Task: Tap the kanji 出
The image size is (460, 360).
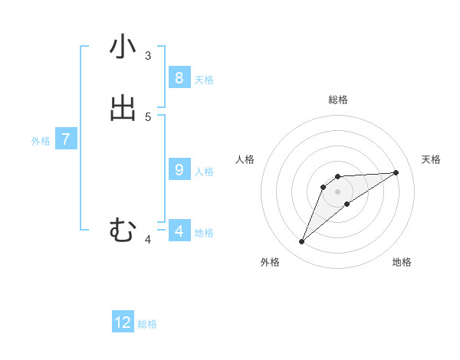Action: pyautogui.click(x=123, y=109)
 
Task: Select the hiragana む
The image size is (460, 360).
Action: pyautogui.click(x=123, y=230)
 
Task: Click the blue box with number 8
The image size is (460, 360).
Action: pyautogui.click(x=179, y=77)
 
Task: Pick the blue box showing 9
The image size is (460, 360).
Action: pyautogui.click(x=179, y=169)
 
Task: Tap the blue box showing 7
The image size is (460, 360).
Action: pyautogui.click(x=66, y=139)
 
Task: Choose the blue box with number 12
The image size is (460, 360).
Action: pyautogui.click(x=123, y=322)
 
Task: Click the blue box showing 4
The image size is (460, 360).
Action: pyautogui.click(x=179, y=231)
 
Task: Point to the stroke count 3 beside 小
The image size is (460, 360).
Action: pyautogui.click(x=148, y=55)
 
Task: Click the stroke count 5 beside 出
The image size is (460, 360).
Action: pyautogui.click(x=148, y=116)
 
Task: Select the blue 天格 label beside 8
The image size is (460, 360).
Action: pyautogui.click(x=204, y=80)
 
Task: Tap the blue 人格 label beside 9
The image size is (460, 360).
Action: pyautogui.click(x=204, y=172)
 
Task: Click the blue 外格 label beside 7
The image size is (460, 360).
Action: pyautogui.click(x=41, y=141)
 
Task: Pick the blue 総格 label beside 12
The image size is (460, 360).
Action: pyautogui.click(x=147, y=325)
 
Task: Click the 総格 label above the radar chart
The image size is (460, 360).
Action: pyautogui.click(x=337, y=100)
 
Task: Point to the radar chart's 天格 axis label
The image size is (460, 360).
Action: pyautogui.click(x=431, y=159)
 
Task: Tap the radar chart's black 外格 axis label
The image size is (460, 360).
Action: pyautogui.click(x=269, y=263)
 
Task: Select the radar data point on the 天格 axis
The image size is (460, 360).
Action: pyautogui.click(x=396, y=172)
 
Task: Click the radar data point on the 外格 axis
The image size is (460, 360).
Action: pyautogui.click(x=302, y=242)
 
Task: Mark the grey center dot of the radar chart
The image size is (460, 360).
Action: pyautogui.click(x=337, y=191)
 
